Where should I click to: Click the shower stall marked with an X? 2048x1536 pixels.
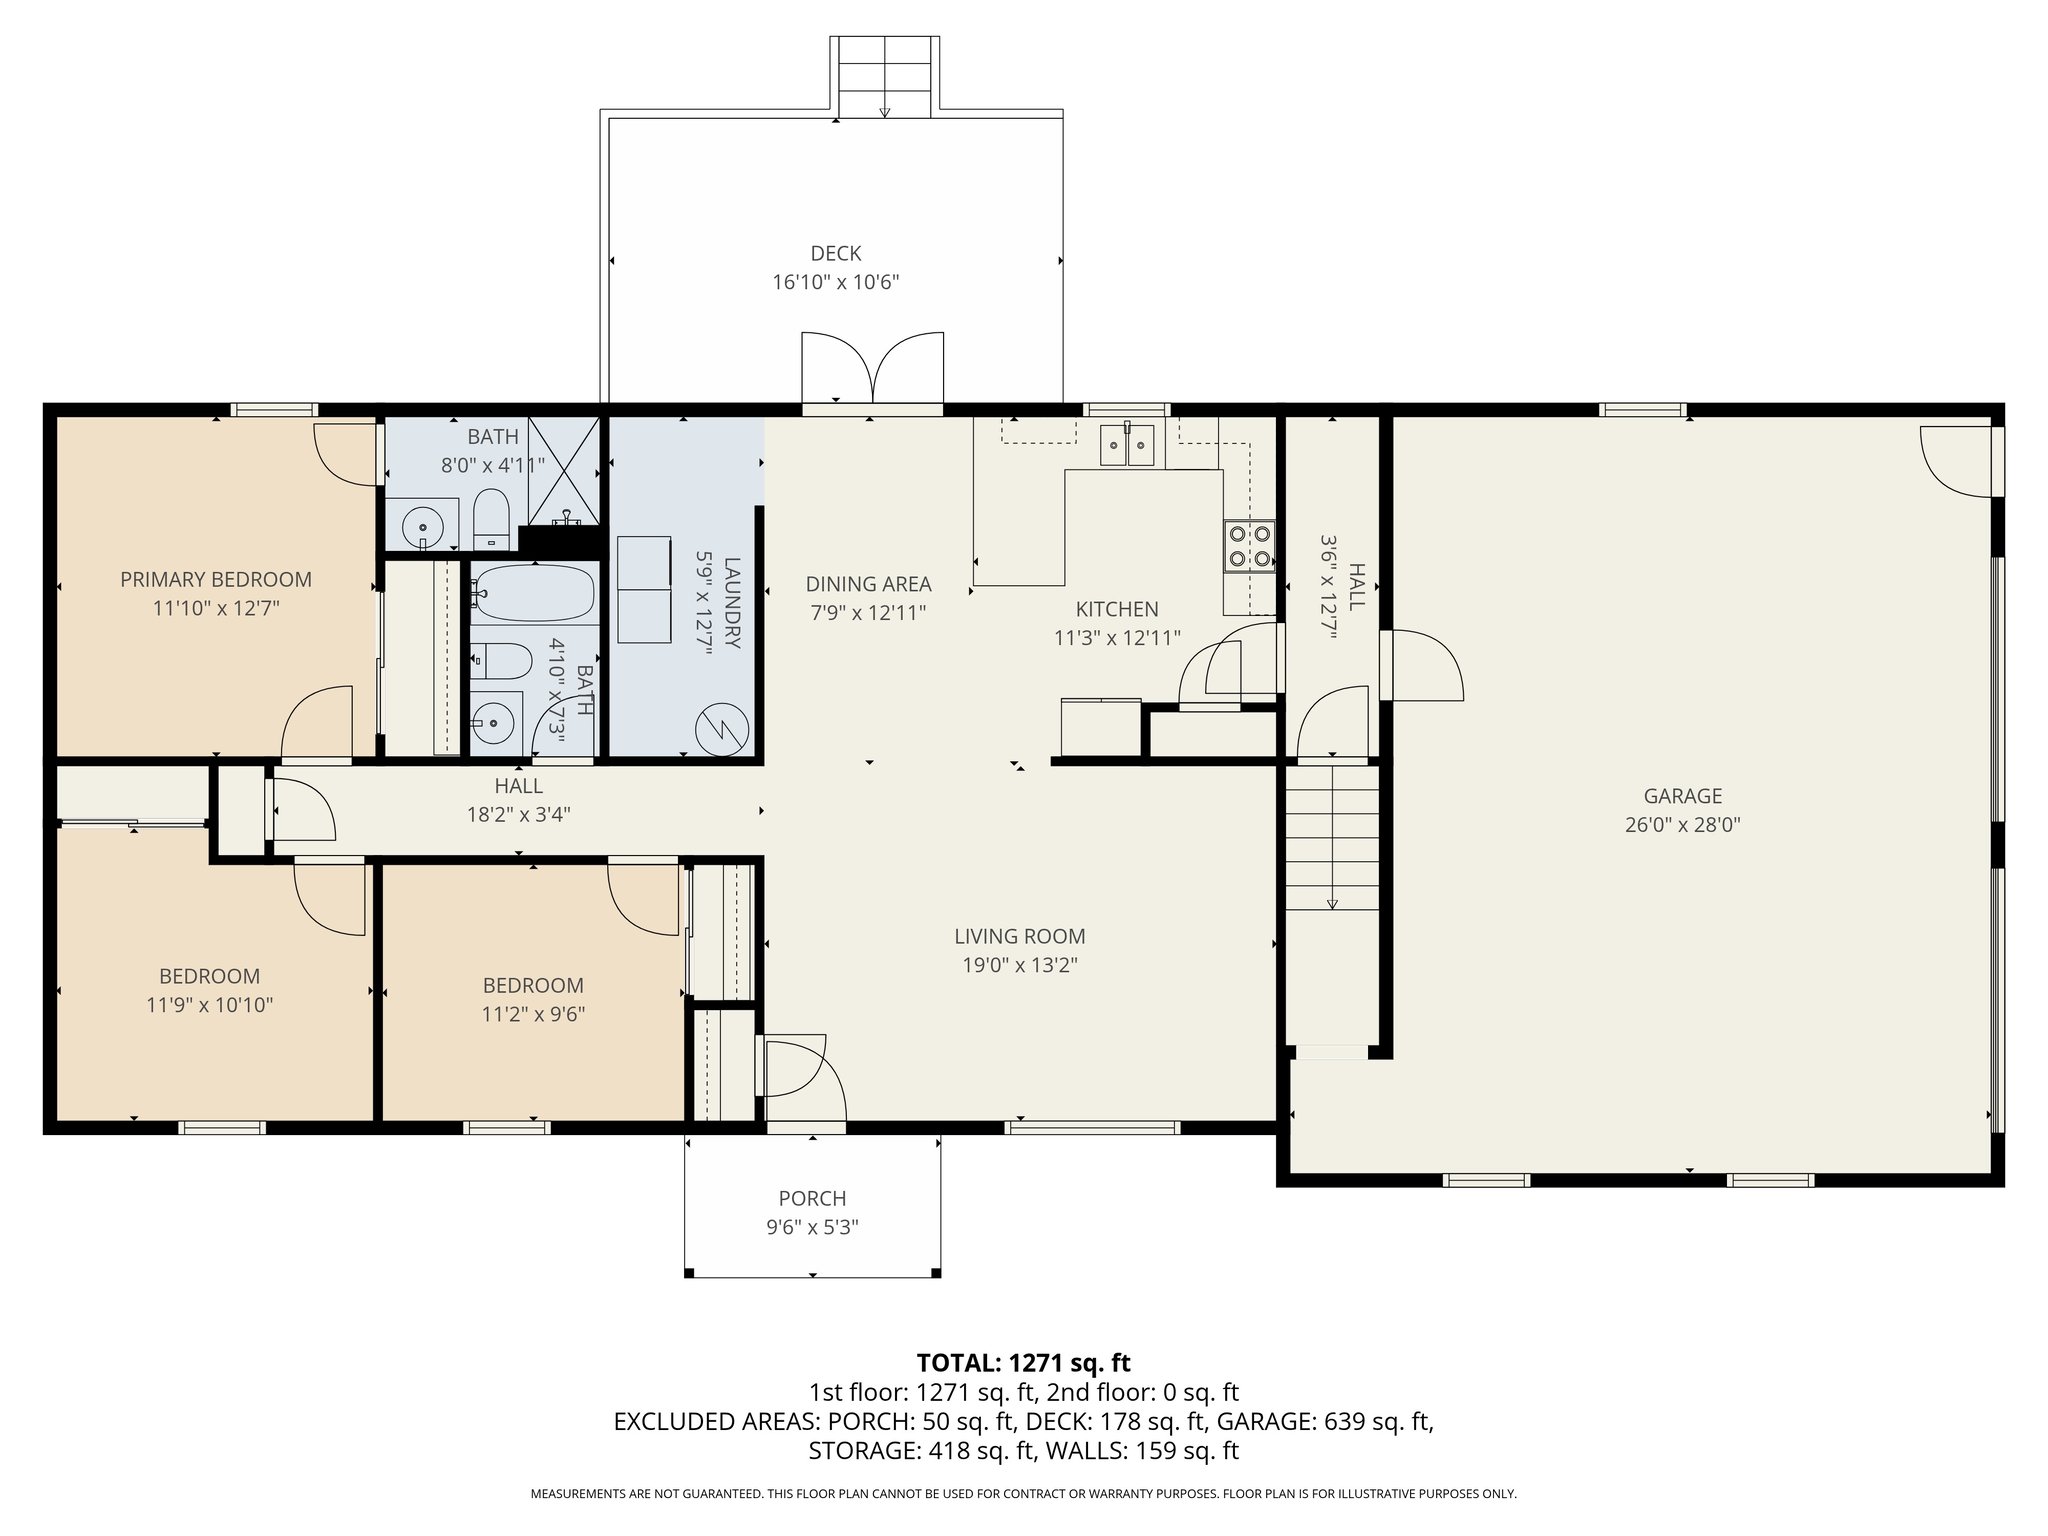(x=563, y=470)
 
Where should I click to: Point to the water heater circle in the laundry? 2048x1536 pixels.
(x=722, y=729)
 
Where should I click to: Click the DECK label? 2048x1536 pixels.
(x=836, y=254)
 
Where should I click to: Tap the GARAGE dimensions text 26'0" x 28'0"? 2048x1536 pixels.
(x=1682, y=825)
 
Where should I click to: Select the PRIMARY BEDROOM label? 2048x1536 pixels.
(x=216, y=579)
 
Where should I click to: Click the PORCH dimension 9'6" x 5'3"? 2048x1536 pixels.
(x=812, y=1227)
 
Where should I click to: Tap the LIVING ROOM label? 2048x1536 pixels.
(x=1019, y=936)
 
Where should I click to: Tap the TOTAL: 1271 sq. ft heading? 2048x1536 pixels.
(x=1023, y=1362)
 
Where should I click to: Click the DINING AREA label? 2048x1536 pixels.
(x=868, y=584)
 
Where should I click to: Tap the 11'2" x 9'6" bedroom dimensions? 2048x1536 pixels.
(x=533, y=1014)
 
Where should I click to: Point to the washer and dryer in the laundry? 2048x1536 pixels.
(x=644, y=590)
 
